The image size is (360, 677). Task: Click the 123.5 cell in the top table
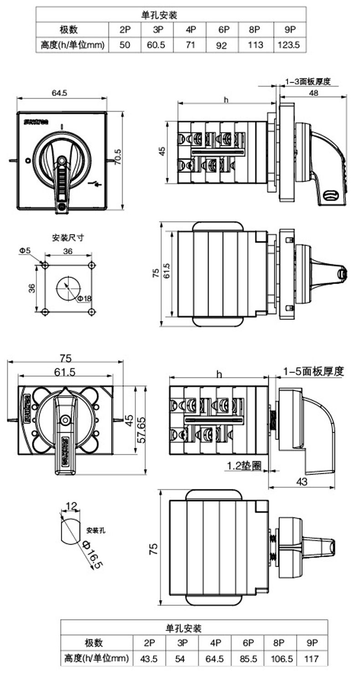point(288,45)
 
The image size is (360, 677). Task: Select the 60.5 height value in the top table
point(157,45)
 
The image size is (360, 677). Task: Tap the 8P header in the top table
point(255,30)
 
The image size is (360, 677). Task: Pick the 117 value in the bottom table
point(312,658)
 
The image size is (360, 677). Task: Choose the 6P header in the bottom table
point(248,643)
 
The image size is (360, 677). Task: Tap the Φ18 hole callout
point(84,298)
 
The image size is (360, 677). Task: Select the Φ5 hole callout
point(25,250)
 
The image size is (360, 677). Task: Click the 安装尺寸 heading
point(68,238)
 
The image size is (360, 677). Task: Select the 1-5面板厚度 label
point(313,371)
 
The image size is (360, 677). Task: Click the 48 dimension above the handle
point(314,93)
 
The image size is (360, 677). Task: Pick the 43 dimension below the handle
point(302,481)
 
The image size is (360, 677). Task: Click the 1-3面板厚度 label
point(308,82)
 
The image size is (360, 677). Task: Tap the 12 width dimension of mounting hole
point(72,506)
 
